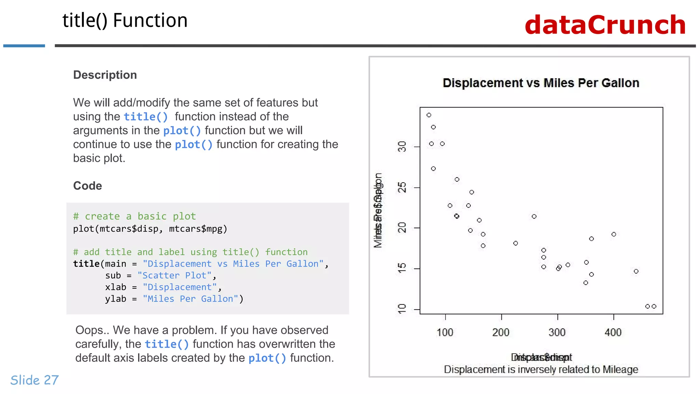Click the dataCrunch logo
tap(605, 25)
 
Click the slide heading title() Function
tap(125, 21)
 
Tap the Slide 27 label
tap(35, 380)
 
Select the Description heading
tap(105, 75)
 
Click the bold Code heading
tap(87, 186)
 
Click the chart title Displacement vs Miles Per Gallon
tap(541, 83)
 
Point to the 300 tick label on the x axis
tap(557, 332)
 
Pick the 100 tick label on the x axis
tap(445, 332)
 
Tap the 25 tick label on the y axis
tap(402, 187)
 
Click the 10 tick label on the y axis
tap(402, 309)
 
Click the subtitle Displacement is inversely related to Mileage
tap(541, 370)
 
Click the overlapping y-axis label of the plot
tap(378, 210)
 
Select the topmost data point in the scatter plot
tap(429, 115)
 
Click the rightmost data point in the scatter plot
tap(654, 306)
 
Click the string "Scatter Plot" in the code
tap(174, 276)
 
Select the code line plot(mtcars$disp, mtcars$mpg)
tap(150, 229)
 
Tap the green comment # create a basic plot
tap(134, 216)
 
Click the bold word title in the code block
tap(86, 264)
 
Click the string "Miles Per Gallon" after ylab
tap(190, 299)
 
